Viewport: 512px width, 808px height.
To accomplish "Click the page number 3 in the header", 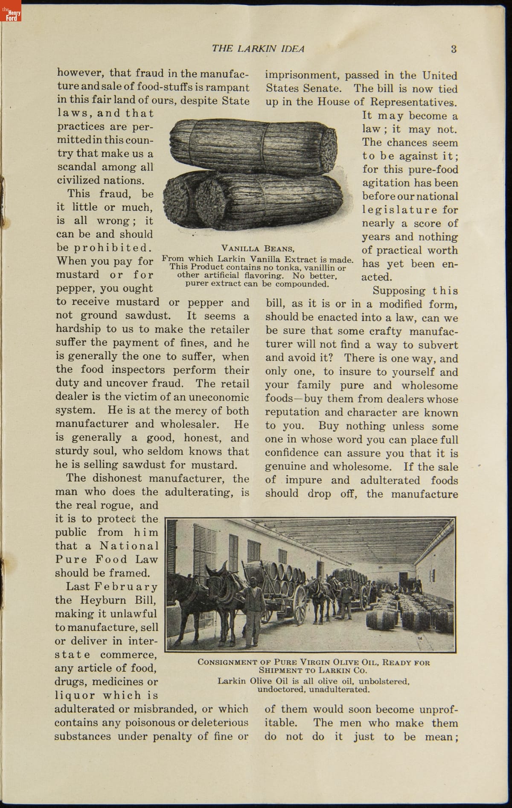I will (x=454, y=49).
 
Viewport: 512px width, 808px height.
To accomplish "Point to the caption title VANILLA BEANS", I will (x=258, y=248).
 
